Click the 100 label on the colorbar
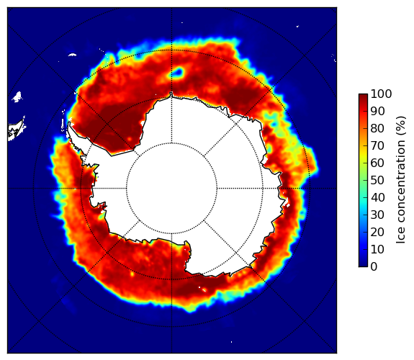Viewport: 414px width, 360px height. coord(381,94)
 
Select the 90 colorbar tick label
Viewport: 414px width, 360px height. coord(377,111)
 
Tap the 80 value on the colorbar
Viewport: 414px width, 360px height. coord(377,129)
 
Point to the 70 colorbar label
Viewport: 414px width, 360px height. coord(377,145)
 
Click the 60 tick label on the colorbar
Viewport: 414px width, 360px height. coord(377,163)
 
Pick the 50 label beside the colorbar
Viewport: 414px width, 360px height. coord(377,181)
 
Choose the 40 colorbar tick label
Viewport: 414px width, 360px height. coord(377,197)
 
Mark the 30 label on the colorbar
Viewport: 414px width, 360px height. coord(377,215)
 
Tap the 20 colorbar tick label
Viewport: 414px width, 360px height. coord(377,232)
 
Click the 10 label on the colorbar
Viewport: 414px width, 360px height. coord(377,249)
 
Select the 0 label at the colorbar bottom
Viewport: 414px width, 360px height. coord(374,267)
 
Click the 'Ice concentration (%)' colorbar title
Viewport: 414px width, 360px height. coord(401,180)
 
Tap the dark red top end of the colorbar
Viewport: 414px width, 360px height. coord(363,95)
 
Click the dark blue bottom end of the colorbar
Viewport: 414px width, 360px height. coord(363,265)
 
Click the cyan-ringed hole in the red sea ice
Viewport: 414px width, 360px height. coord(177,72)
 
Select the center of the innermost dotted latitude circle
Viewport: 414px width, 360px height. coord(171,189)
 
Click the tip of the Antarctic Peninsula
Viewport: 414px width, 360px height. coord(69,123)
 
